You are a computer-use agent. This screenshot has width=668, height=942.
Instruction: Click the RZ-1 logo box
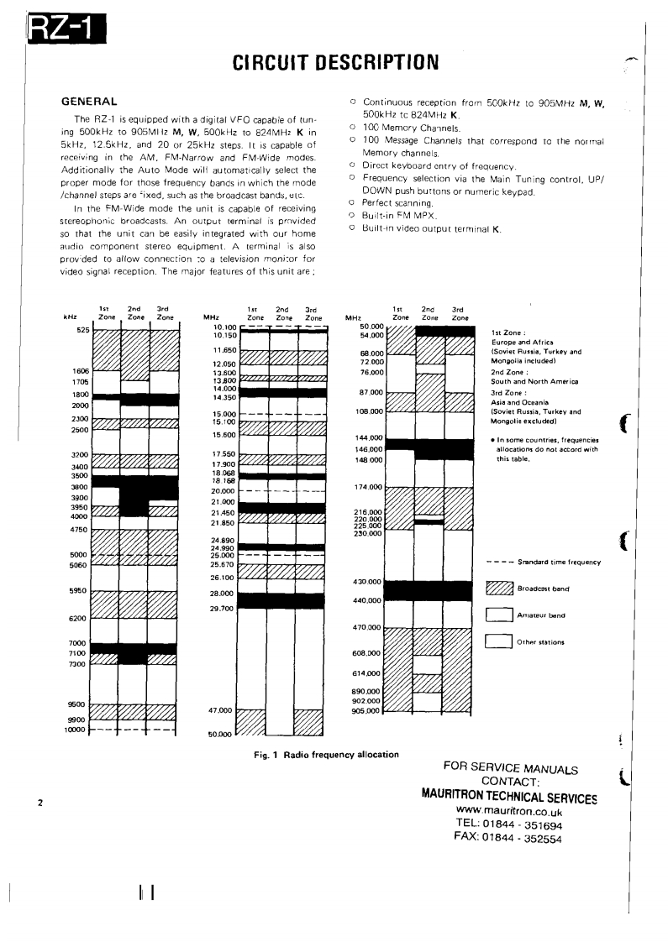click(64, 31)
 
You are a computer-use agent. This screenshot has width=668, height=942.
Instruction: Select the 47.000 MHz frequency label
click(222, 710)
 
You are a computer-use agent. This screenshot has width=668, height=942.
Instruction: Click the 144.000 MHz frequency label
click(370, 438)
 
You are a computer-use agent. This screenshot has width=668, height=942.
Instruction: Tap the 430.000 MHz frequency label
click(370, 582)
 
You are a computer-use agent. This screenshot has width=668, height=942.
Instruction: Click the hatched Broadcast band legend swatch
click(500, 588)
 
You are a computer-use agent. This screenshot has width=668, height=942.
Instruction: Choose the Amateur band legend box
click(500, 615)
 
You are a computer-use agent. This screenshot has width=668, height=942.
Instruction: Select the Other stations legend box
click(500, 642)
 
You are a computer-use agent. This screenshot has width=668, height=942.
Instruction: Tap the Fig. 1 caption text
click(326, 754)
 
